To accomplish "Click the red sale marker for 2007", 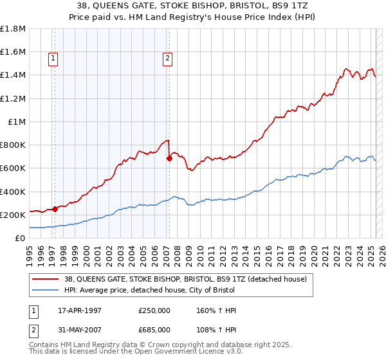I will pyautogui.click(x=169, y=158).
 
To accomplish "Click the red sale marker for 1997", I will pyautogui.click(x=55, y=208).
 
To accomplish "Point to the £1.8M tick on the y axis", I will pyautogui.click(x=13, y=29).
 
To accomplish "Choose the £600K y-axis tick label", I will pyautogui.click(x=13, y=168).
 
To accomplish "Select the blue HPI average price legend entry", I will pyautogui.click(x=167, y=290).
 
